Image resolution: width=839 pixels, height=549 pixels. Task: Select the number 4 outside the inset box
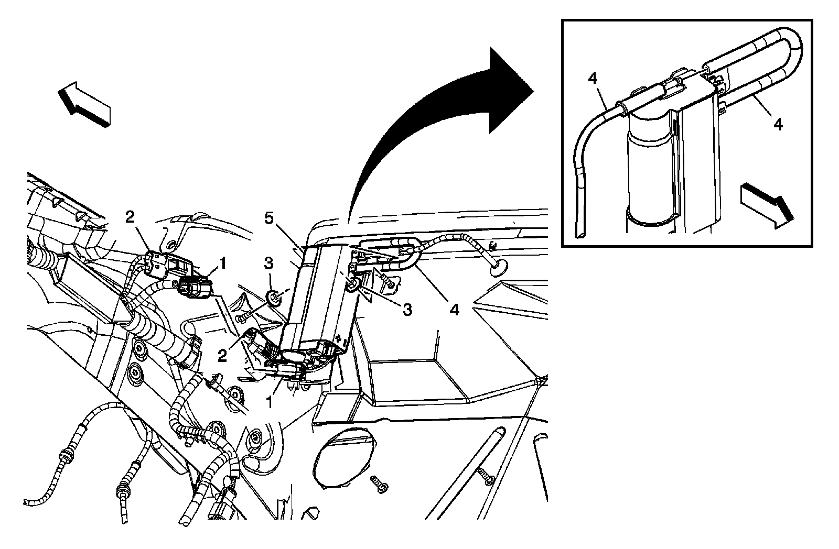pos(455,309)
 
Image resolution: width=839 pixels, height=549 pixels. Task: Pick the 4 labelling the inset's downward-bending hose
pos(593,79)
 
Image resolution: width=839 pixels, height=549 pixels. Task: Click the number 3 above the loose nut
pos(269,263)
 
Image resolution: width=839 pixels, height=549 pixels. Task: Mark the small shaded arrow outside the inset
pos(85,104)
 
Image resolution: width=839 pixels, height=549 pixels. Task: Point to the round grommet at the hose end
pos(496,270)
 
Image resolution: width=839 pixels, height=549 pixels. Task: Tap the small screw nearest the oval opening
pos(379,483)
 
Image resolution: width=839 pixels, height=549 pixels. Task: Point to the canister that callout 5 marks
pos(315,299)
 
